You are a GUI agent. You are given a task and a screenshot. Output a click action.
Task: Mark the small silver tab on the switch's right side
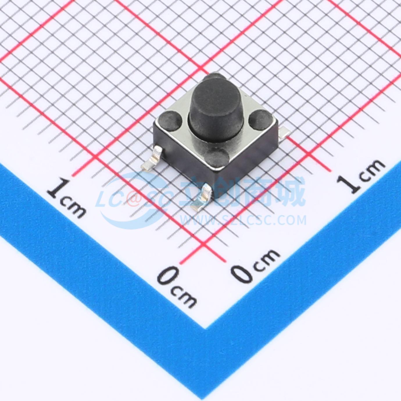(284, 132)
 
